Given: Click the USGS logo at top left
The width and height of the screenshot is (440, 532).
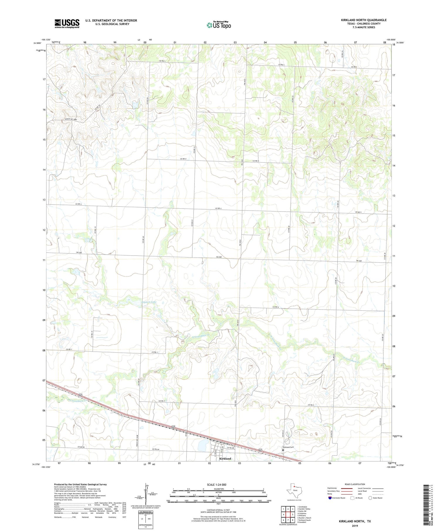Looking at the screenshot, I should [67, 23].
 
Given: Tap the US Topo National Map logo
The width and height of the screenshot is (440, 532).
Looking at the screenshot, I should [219, 25].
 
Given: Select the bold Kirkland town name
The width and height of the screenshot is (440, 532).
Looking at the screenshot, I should [225, 458].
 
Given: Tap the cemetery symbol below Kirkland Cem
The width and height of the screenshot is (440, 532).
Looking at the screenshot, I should [283, 450].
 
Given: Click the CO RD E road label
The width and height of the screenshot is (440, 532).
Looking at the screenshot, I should [275, 307].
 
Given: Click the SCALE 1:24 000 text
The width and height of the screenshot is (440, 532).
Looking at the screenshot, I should [218, 484].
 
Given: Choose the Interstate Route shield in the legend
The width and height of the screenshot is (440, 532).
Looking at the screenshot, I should [330, 498].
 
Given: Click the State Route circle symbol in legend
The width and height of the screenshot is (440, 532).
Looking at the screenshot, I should [370, 498].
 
